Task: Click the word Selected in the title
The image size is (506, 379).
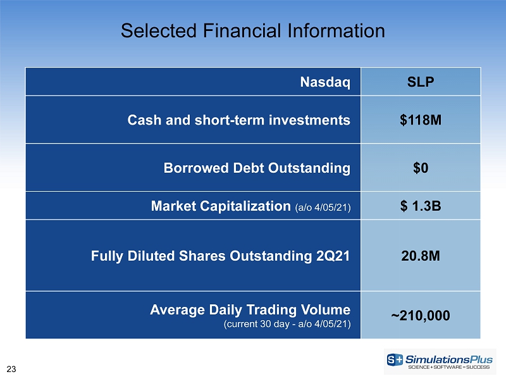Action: pos(159,31)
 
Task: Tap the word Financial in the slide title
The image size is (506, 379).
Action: pos(242,31)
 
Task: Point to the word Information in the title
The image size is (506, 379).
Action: pos(336,31)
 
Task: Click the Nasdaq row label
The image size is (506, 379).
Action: pos(325,82)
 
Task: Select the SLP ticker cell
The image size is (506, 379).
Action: pos(421,82)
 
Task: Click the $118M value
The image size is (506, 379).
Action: pos(421,120)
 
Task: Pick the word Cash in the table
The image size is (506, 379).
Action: pos(144,120)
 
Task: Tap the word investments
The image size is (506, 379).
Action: pos(309,120)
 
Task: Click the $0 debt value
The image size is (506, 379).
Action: pos(421,168)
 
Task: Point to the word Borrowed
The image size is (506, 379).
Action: pos(196,168)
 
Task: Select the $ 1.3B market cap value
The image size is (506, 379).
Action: pos(421,206)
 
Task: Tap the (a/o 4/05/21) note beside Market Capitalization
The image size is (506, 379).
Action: pos(323,208)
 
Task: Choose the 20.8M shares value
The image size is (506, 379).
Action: pos(421,256)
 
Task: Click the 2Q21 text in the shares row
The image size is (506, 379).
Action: pos(333,256)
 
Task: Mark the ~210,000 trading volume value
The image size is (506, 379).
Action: pos(421,316)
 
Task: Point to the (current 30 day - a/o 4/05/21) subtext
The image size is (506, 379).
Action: pos(287,324)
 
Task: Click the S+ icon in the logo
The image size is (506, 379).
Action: pos(395,359)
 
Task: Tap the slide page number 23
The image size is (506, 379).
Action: pos(11,370)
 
